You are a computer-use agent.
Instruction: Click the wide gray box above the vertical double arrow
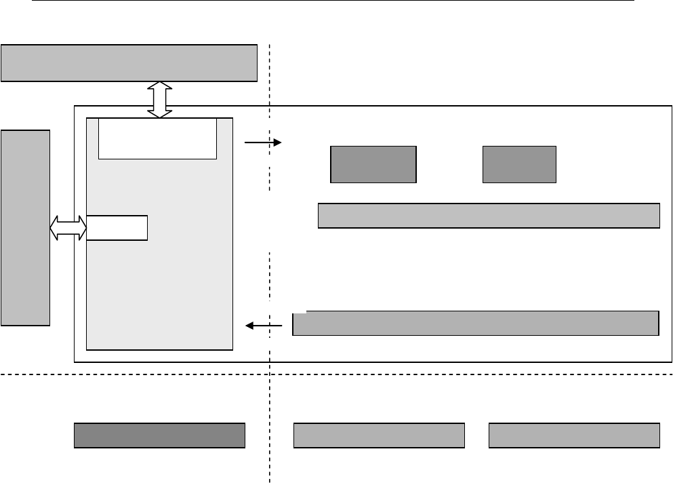click(x=129, y=63)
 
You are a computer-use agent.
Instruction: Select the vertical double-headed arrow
click(x=160, y=100)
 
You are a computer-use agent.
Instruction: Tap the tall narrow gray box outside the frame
click(x=25, y=227)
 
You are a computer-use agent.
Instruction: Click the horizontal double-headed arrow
click(x=68, y=227)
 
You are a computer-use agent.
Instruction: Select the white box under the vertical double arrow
click(x=157, y=138)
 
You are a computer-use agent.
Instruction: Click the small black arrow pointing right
click(x=262, y=142)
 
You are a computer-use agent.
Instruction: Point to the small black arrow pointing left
click(x=264, y=326)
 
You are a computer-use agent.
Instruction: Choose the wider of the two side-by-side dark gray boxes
click(x=373, y=164)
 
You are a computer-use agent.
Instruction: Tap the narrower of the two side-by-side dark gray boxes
click(x=519, y=164)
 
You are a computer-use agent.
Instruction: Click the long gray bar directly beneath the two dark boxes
click(x=489, y=215)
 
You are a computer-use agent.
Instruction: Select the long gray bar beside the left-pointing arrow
click(x=476, y=324)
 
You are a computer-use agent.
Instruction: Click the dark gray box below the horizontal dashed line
click(x=159, y=436)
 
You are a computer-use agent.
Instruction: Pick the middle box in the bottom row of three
click(x=379, y=436)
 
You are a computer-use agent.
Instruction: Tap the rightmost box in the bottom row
click(x=574, y=436)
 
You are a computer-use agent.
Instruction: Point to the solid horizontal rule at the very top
click(x=332, y=1)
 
